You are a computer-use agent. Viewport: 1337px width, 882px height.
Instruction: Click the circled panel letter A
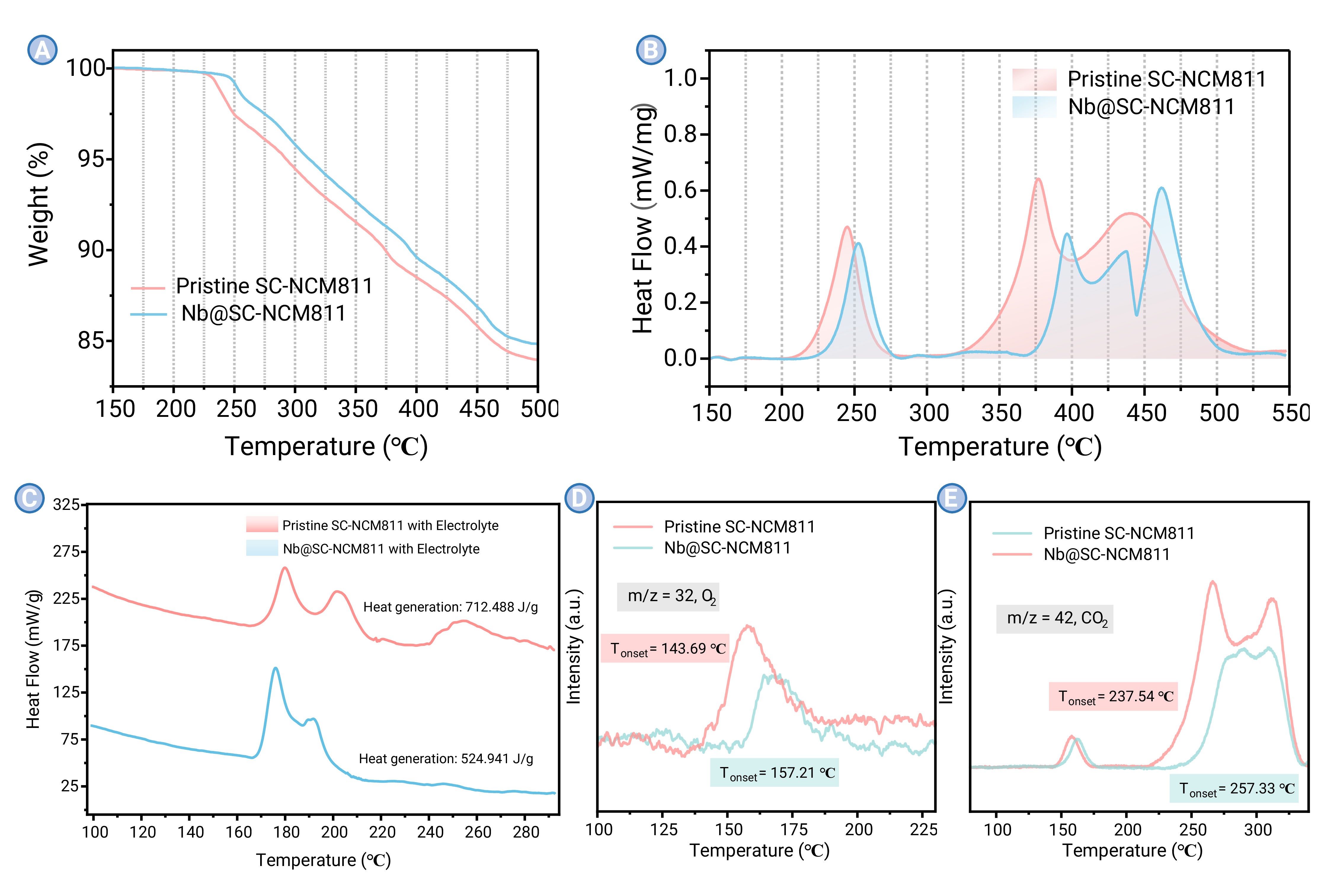(x=42, y=50)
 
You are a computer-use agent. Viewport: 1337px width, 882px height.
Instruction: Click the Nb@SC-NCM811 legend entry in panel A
(x=263, y=313)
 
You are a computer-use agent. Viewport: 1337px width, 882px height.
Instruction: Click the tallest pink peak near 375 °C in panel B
(x=1038, y=180)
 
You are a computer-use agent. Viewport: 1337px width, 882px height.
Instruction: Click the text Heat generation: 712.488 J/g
(x=450, y=607)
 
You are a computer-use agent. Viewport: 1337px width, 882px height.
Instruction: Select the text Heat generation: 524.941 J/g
(x=446, y=759)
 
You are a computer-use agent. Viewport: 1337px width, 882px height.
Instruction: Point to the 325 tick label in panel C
(x=66, y=505)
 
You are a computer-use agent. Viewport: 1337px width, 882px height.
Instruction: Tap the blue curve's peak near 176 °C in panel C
(x=275, y=669)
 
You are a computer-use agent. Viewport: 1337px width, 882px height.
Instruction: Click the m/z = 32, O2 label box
(x=668, y=596)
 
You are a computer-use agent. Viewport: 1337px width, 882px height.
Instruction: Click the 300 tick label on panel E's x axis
(x=1258, y=830)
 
